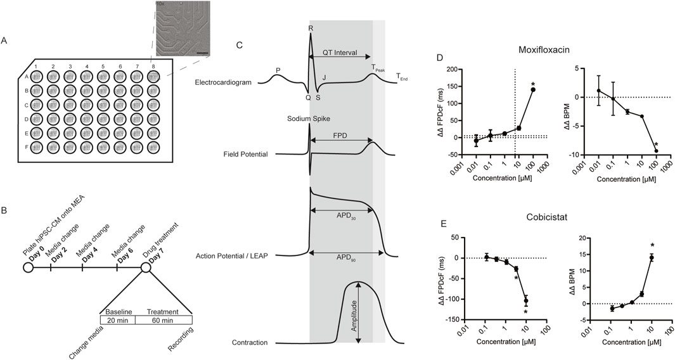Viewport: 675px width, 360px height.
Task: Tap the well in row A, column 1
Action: coord(37,76)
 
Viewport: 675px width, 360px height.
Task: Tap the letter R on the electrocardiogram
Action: coord(310,27)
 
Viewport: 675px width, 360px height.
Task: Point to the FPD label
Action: coord(340,136)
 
